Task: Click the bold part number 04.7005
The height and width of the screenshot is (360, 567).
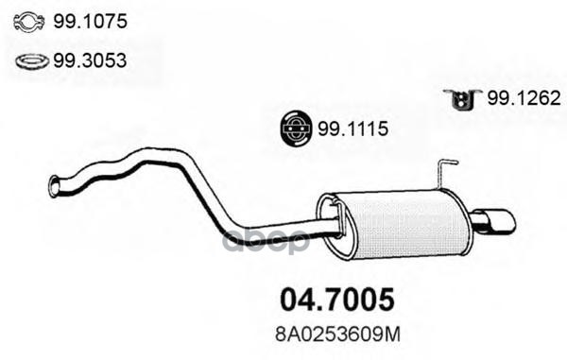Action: coord(335,300)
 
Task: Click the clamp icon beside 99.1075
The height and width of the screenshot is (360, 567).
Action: coord(31,22)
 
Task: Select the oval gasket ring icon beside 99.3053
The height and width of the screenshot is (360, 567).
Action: coord(32,61)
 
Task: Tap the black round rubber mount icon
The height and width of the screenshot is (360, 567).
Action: coord(298,129)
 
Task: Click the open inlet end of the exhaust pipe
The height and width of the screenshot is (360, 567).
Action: coord(55,186)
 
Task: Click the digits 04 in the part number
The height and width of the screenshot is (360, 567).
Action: coord(295,300)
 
